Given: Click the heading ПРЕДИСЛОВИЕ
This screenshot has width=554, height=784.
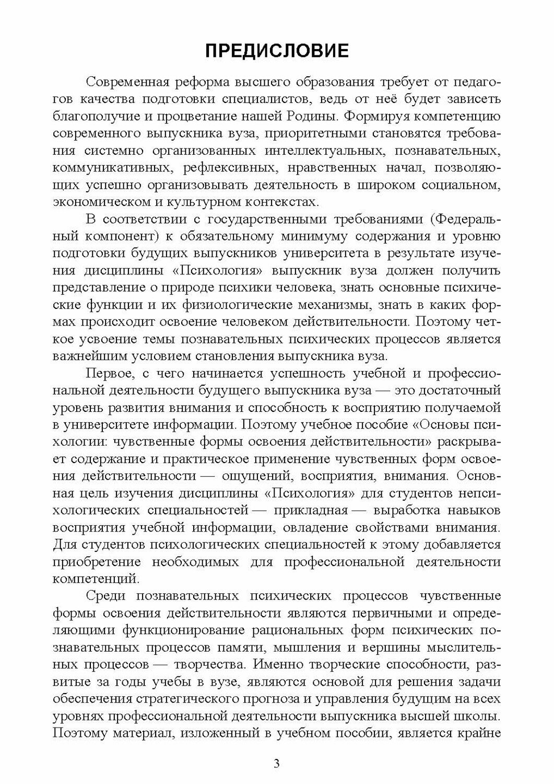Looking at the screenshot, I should [277, 51].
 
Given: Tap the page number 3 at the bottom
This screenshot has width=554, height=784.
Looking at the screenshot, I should [277, 764].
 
